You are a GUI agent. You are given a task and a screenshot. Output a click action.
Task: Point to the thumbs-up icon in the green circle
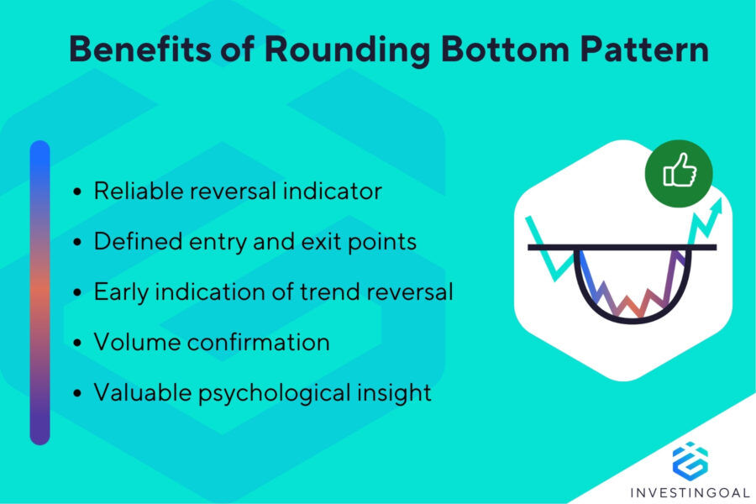coord(679,172)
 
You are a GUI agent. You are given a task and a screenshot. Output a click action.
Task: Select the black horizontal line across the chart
coord(622,247)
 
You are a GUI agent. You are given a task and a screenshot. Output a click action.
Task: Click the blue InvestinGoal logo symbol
coord(690,460)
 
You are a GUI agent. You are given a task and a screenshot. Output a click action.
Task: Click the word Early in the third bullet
coord(118,292)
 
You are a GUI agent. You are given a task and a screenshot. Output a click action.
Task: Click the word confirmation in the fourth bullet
coord(249,343)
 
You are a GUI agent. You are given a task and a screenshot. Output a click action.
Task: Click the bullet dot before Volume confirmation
coord(78,344)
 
